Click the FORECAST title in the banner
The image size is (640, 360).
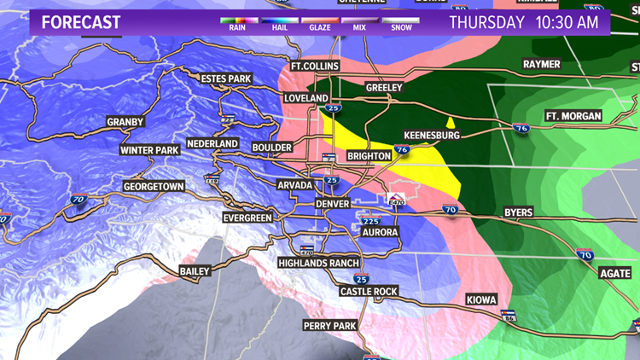point(81,21)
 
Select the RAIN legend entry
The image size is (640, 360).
point(238,26)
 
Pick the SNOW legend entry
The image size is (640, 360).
point(401,26)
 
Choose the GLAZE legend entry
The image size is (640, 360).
point(319,26)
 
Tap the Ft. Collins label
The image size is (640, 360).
point(315,66)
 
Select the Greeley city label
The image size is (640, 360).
point(383,88)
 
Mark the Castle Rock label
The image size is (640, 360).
point(369,292)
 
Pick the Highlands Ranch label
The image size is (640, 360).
point(319,264)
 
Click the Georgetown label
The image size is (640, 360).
point(154,186)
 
